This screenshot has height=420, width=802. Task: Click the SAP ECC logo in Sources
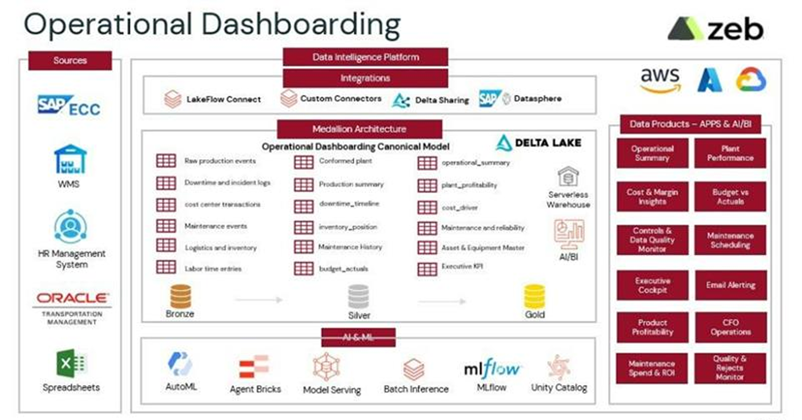69,106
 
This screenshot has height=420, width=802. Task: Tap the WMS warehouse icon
70,160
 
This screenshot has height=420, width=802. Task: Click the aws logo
660,80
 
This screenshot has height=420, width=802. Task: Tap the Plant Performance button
730,153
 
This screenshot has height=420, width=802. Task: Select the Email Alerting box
730,285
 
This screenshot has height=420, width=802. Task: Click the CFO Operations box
730,327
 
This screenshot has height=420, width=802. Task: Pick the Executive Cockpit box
652,285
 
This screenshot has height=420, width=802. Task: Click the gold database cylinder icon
534,297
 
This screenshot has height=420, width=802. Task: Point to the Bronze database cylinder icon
180,296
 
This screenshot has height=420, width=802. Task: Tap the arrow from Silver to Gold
442,301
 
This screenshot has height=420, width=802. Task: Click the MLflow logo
491,369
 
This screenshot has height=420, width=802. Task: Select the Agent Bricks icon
255,366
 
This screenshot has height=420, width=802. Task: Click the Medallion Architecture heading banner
359,129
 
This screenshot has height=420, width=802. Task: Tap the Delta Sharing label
442,100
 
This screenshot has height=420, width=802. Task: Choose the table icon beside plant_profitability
427,185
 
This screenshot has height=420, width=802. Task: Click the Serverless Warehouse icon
568,177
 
